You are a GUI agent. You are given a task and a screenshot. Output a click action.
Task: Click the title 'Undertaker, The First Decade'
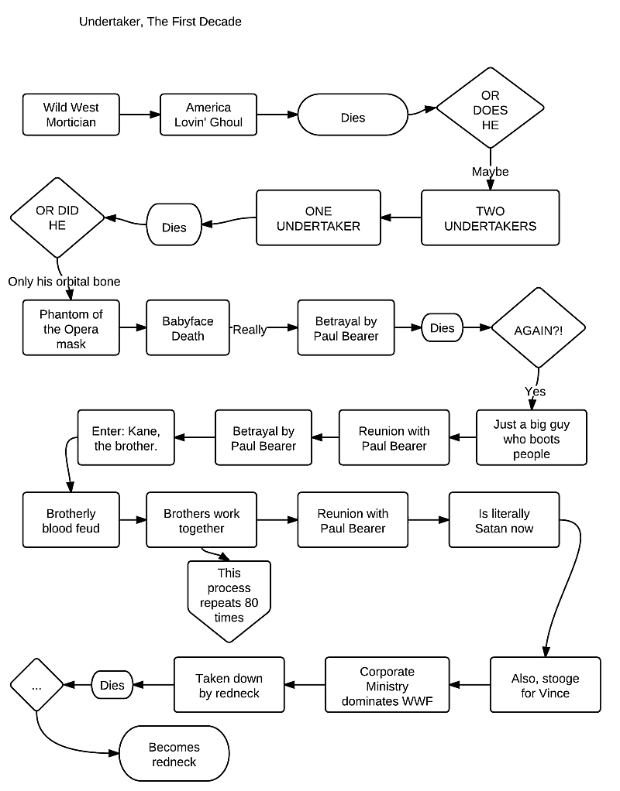[x=160, y=22]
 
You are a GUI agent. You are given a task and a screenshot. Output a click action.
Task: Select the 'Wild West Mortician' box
[x=71, y=115]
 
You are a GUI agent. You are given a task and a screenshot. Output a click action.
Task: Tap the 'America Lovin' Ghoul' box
[x=208, y=115]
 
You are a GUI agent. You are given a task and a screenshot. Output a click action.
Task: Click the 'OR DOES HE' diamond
[x=490, y=111]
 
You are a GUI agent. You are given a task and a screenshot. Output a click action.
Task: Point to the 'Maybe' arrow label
[x=490, y=171]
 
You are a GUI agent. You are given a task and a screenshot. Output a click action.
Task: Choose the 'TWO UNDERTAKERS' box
[x=490, y=218]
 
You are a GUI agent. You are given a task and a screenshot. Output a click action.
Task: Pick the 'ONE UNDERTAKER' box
[x=319, y=218]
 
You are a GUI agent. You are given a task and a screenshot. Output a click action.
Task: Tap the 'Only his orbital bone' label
[x=64, y=281]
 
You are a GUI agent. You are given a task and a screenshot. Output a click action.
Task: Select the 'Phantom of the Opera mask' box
[x=71, y=329]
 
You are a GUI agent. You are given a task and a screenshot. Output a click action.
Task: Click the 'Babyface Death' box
[x=188, y=329]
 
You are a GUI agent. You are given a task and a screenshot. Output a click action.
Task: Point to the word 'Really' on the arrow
[x=250, y=330]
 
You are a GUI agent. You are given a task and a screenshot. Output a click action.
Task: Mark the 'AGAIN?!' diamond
[x=539, y=329]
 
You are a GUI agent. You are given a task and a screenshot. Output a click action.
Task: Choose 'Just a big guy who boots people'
[x=532, y=439]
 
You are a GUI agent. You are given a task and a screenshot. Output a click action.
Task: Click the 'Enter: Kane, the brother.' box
[x=126, y=438]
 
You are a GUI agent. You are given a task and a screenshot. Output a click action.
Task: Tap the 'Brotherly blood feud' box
[x=71, y=521]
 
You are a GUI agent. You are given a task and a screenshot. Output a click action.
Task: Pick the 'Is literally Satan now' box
[x=504, y=521]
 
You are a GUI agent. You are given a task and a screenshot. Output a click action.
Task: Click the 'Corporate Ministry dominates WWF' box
[x=387, y=686]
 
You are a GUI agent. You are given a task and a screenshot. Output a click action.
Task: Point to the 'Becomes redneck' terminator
[x=174, y=755]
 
